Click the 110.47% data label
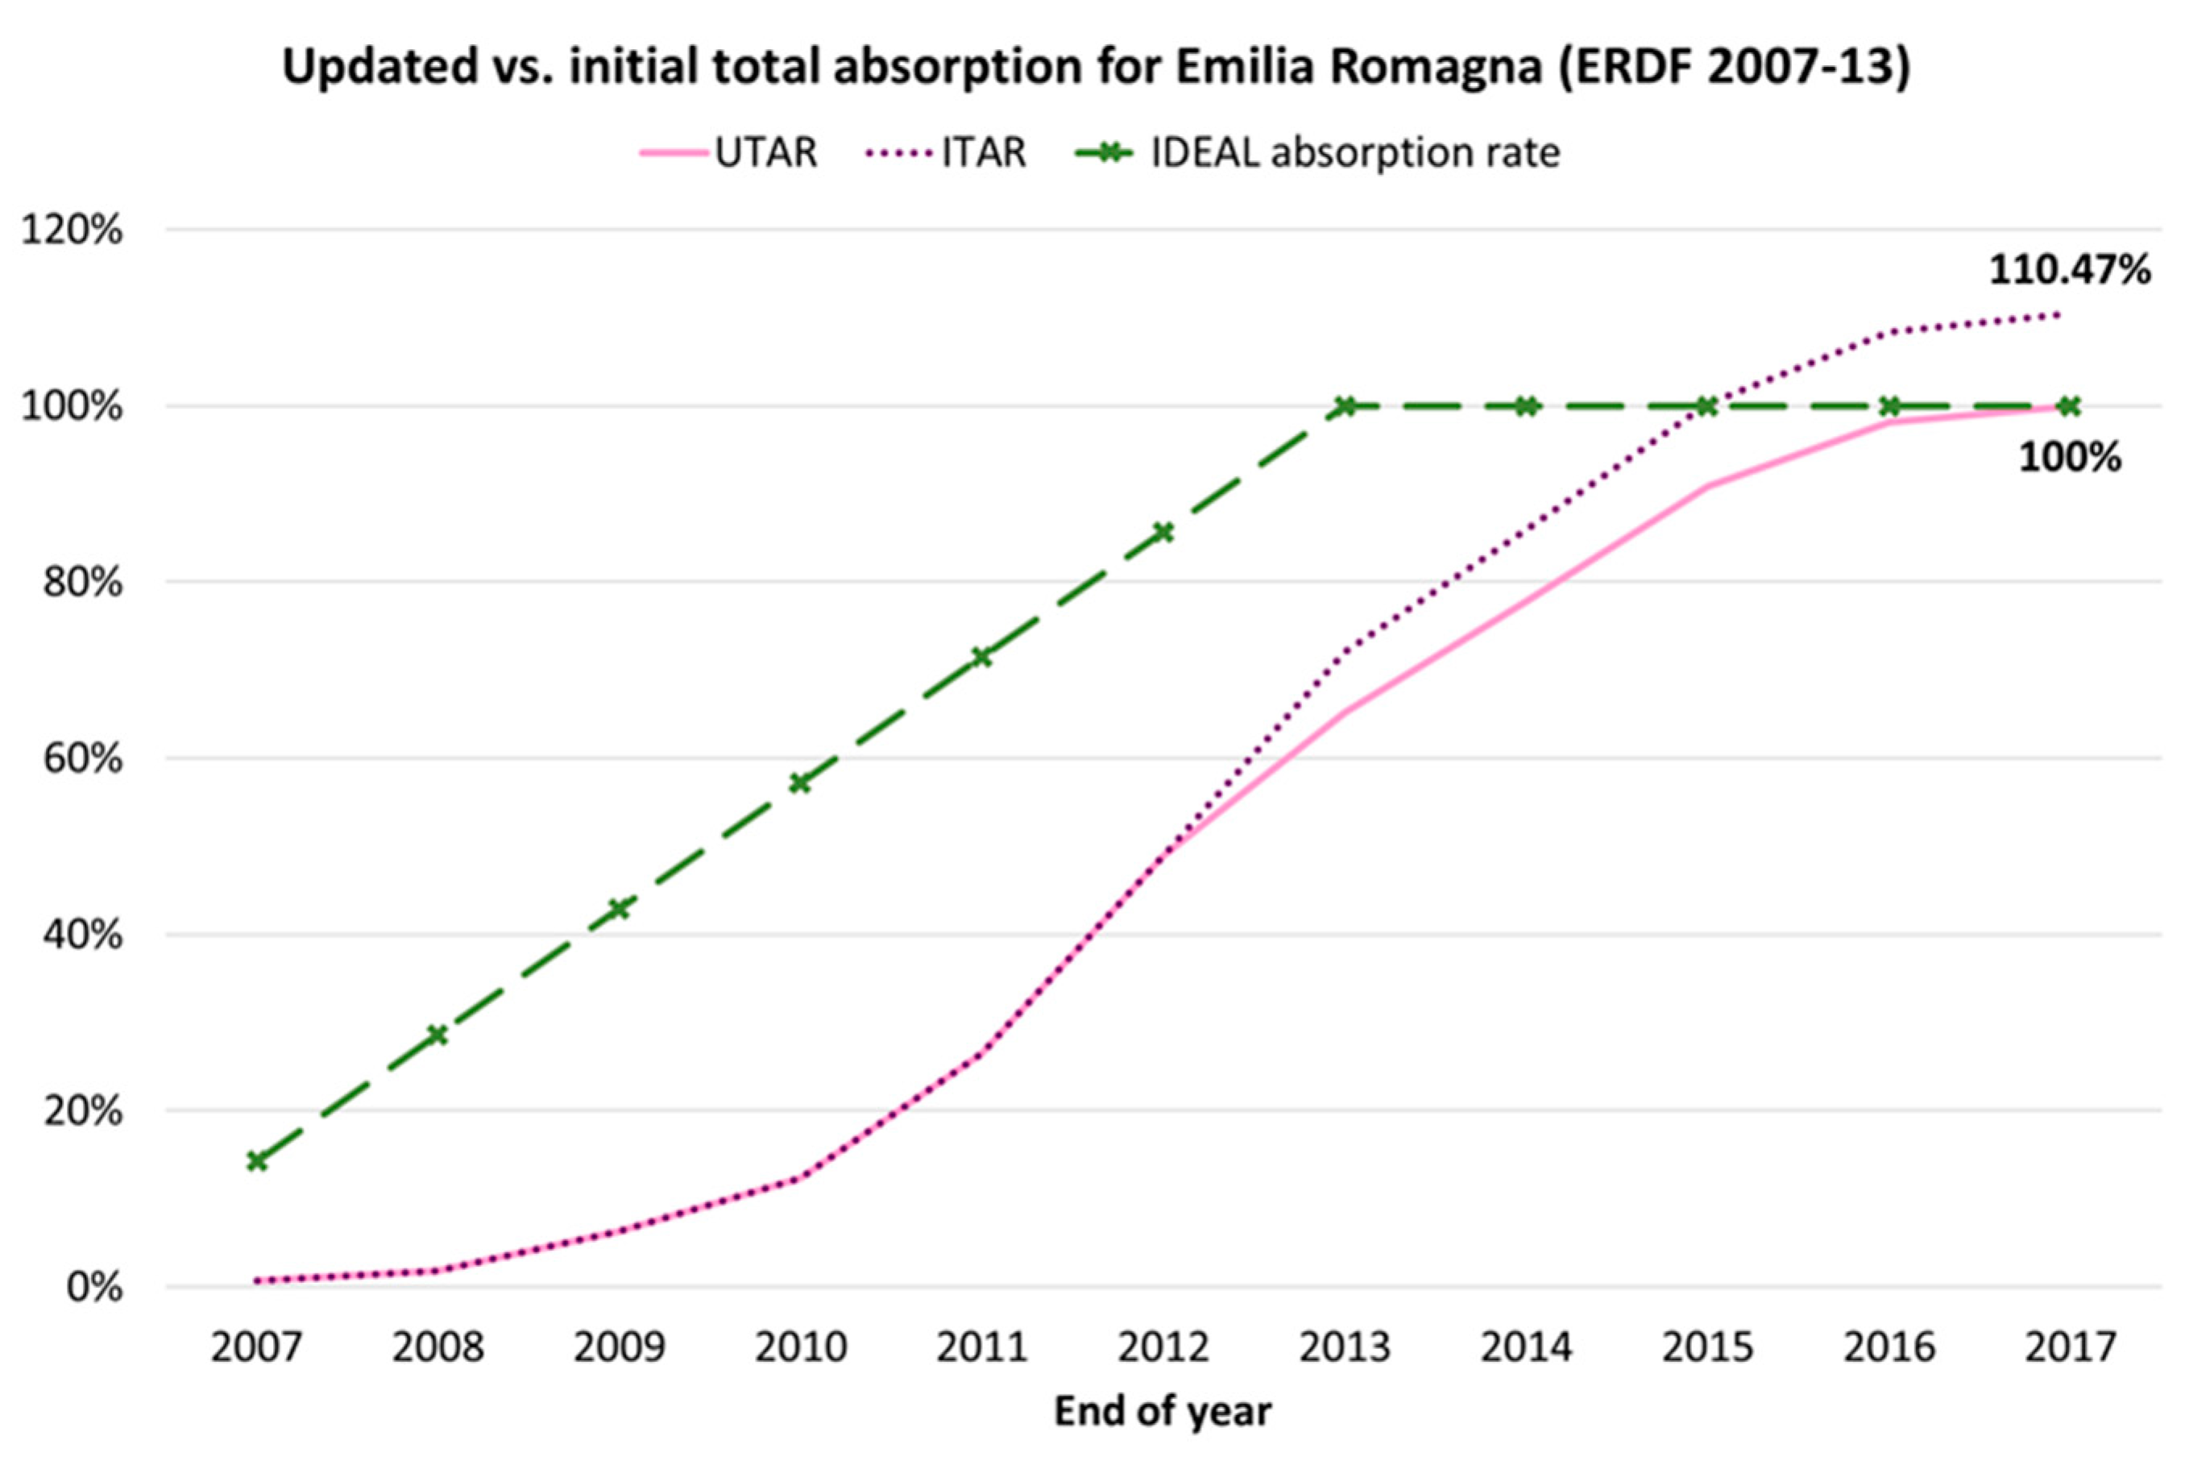[2069, 270]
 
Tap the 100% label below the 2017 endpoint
[2070, 458]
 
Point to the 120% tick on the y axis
[73, 230]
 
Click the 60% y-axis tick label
[82, 758]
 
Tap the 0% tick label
[93, 1288]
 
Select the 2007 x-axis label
[256, 1347]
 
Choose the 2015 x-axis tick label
[1707, 1347]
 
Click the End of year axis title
[1163, 1411]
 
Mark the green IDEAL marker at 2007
[256, 1161]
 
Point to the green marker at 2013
[1345, 406]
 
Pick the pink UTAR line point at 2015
[1707, 486]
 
